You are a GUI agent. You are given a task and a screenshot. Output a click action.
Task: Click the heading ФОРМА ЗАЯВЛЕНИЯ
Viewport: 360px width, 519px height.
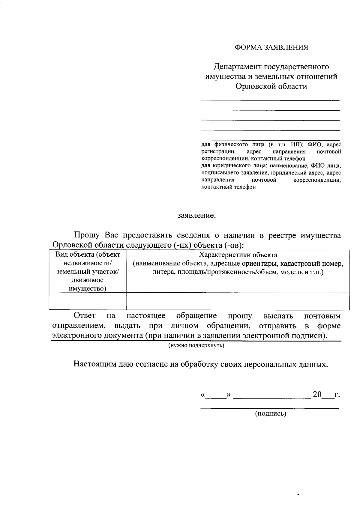pos(271,47)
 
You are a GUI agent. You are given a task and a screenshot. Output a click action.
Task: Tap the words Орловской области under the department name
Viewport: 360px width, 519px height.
pos(271,87)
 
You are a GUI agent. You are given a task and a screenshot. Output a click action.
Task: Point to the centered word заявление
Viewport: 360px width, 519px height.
pos(196,216)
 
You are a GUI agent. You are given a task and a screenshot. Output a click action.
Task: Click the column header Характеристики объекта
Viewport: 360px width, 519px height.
pos(238,255)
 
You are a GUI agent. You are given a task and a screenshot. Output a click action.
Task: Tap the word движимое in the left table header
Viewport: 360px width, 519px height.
pos(87,280)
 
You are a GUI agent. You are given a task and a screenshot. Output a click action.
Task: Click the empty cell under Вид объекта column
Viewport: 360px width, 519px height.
pos(88,301)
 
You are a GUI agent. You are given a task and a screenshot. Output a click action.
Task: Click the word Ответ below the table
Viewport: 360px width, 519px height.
pos(85,316)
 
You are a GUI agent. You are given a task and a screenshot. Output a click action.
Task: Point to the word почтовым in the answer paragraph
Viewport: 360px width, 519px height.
pos(322,316)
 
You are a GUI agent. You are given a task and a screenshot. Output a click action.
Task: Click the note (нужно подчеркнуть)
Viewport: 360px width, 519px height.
pos(196,345)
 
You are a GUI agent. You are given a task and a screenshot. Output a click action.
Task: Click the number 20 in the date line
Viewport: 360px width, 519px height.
pos(317,394)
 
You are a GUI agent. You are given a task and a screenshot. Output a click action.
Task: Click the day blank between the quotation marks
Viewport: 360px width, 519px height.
pos(215,395)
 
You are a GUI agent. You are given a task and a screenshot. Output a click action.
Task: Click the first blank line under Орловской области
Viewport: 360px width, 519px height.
pos(270,99)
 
